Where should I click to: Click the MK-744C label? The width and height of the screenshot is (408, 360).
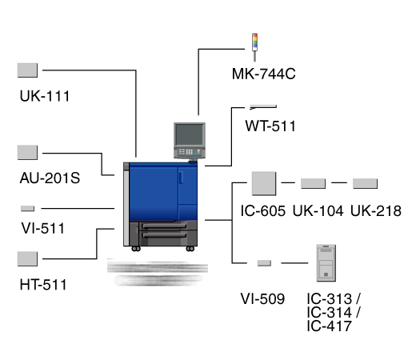tap(264, 74)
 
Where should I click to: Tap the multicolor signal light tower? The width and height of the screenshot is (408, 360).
tap(255, 47)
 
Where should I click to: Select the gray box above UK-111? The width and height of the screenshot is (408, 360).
tap(27, 70)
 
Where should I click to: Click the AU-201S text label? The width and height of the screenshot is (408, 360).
tap(50, 178)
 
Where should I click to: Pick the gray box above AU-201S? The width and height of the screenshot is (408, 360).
tap(27, 153)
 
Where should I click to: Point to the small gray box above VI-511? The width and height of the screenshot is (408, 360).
tap(28, 209)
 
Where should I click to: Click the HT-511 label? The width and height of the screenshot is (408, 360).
tap(43, 285)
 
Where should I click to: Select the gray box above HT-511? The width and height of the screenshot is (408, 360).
tap(27, 259)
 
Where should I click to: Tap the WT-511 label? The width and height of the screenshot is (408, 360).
tap(270, 126)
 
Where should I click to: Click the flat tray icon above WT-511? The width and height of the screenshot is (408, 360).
tap(263, 107)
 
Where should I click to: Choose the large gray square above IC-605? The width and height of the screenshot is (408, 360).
tap(264, 183)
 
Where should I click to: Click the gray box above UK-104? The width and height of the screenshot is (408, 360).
tap(314, 183)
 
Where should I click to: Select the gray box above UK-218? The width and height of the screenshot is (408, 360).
tap(366, 183)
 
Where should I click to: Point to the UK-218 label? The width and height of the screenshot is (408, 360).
tap(376, 211)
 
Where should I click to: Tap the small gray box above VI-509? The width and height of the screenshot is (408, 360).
tap(264, 263)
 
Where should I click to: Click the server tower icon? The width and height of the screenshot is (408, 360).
tap(326, 263)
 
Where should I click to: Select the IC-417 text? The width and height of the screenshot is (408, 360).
tap(329, 326)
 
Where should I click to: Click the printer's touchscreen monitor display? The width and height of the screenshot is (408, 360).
tap(190, 134)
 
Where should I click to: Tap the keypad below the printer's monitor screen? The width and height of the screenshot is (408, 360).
tap(190, 152)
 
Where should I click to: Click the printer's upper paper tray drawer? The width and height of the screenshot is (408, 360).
tap(164, 226)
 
